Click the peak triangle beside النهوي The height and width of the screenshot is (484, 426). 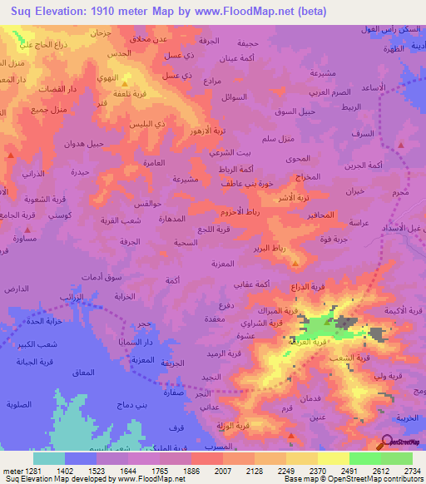[125, 83]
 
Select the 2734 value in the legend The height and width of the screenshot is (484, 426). [409, 470]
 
